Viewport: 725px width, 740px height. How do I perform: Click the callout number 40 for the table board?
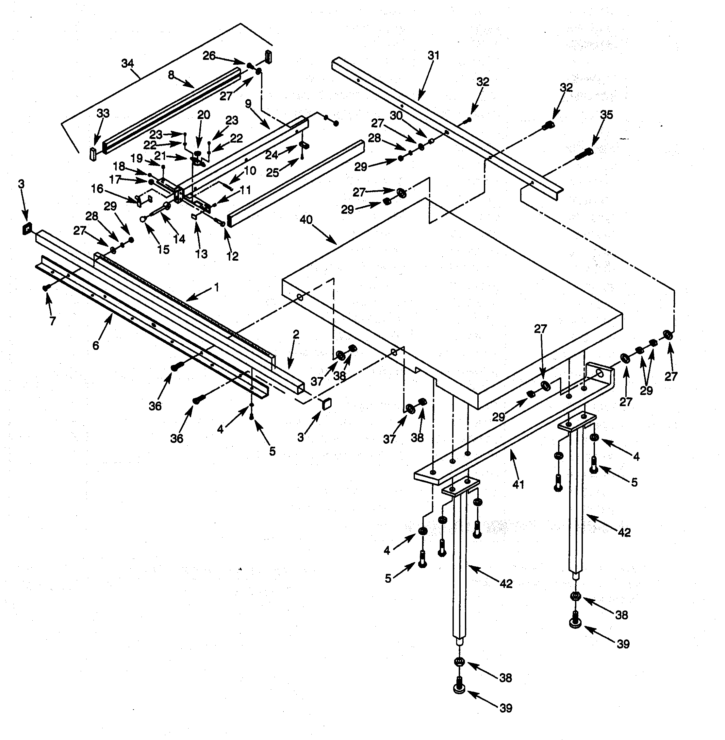point(306,220)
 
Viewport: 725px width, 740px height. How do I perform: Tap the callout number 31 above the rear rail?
point(433,56)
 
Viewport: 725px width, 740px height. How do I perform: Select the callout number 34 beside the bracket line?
point(127,63)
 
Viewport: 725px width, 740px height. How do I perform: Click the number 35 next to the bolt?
point(606,115)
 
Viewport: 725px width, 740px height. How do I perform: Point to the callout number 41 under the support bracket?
point(518,485)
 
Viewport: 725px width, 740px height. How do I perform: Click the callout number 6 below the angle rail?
point(96,345)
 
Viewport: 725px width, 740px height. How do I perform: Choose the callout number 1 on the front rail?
point(216,287)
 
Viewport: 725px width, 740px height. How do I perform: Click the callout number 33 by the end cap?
point(103,113)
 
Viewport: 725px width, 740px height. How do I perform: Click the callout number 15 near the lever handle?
point(163,250)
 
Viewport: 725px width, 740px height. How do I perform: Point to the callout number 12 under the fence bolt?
point(232,256)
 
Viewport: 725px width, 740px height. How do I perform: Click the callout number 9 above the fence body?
point(248,104)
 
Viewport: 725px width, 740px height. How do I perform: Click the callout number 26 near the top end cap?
point(209,56)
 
